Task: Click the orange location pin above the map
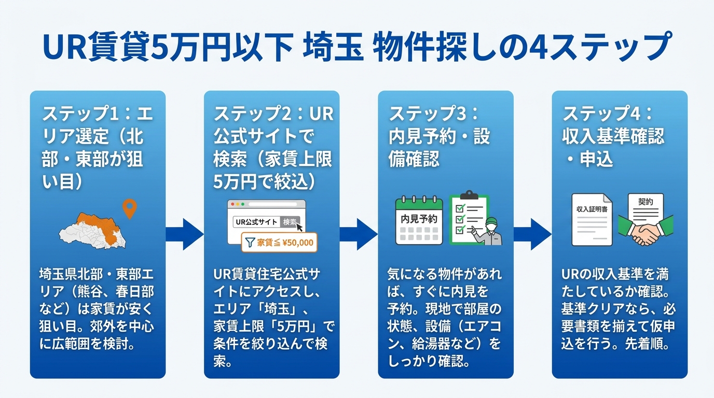coord(130,208)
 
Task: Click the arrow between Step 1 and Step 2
coord(185,234)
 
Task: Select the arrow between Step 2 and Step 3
coord(359,234)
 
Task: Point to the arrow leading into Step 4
coord(532,234)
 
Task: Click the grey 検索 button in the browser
coord(290,222)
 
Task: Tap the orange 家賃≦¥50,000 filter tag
coord(279,243)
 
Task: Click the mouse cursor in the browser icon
coord(299,228)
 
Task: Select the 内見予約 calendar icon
coord(419,220)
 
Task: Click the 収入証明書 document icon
coord(592,220)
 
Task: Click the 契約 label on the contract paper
coord(646,202)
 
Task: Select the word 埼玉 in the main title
coord(333,47)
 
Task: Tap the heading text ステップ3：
coord(434,113)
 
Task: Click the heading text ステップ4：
coord(608,113)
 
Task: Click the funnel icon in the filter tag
coord(250,243)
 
